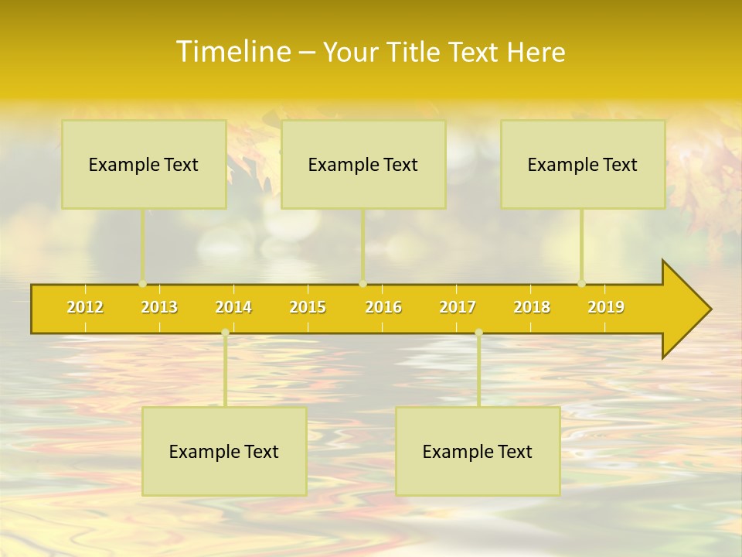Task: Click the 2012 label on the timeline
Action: [85, 307]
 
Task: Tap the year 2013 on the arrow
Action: [159, 307]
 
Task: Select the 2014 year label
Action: [233, 307]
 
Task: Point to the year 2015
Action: [308, 307]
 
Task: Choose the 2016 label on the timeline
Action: [383, 307]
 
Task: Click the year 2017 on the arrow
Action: [458, 307]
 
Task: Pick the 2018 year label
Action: [532, 307]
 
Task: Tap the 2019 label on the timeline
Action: [606, 307]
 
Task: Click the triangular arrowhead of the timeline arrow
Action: [684, 309]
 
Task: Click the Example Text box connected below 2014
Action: [224, 451]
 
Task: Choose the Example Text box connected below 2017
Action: [478, 451]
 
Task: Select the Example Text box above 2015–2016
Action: [363, 164]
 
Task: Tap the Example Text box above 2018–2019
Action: [583, 164]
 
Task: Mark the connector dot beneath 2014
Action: [225, 332]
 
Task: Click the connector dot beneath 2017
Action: [478, 332]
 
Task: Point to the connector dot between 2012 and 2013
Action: [142, 283]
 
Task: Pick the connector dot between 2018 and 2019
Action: [581, 283]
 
